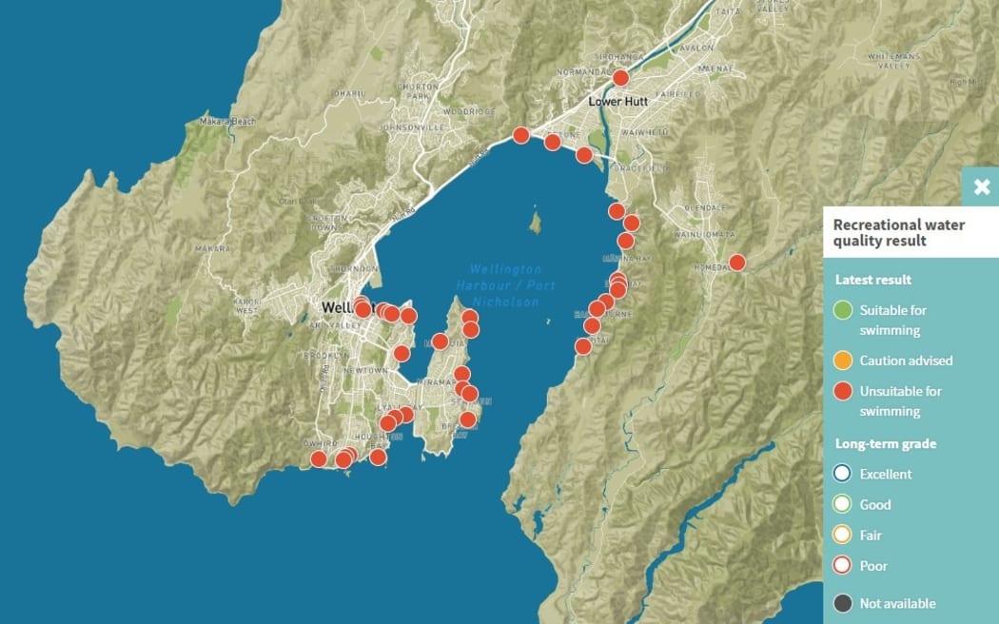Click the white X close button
tap(981, 187)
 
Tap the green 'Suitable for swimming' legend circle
tap(842, 310)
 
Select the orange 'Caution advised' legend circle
tap(842, 361)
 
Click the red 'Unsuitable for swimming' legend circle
tap(842, 391)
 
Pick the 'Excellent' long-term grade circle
tap(842, 474)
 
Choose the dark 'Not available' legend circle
tap(842, 603)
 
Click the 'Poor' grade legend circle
tap(842, 566)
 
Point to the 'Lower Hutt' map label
tap(617, 101)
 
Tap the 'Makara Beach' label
tap(228, 122)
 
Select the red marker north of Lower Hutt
tap(620, 78)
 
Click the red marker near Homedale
tap(736, 263)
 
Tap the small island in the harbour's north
tap(537, 224)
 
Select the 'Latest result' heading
tap(873, 280)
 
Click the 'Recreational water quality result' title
tap(899, 233)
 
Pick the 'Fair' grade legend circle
tap(842, 536)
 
